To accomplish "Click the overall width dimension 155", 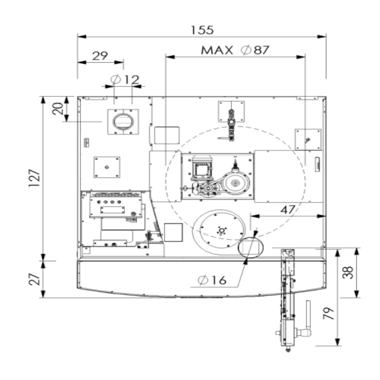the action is click(x=202, y=30).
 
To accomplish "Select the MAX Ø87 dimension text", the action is click(x=235, y=50).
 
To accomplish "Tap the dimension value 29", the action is click(x=100, y=56).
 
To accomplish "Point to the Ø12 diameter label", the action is click(x=125, y=79).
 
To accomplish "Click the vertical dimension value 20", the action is click(x=57, y=109).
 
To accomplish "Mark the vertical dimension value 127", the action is click(x=34, y=178).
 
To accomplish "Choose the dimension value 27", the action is click(x=34, y=279).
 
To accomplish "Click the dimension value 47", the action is click(x=288, y=210).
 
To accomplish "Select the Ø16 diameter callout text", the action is click(x=212, y=280).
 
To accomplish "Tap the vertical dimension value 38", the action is click(x=348, y=273).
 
